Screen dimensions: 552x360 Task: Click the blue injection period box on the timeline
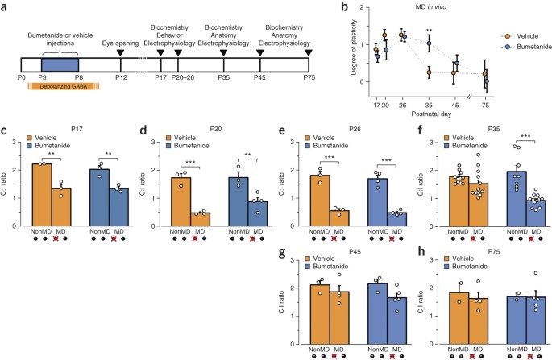click(60, 65)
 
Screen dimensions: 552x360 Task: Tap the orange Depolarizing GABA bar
click(64, 86)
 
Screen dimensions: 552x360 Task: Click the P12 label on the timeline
click(121, 77)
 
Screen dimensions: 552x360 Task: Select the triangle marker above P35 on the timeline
click(223, 53)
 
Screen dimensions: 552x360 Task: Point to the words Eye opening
click(120, 43)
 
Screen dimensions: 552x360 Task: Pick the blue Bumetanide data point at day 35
click(430, 43)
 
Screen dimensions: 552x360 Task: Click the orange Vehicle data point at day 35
click(430, 72)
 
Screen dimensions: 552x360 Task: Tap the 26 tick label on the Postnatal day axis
click(402, 106)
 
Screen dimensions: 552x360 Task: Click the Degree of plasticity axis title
click(354, 48)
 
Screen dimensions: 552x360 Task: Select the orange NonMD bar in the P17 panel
click(42, 195)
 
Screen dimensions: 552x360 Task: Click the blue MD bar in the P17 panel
click(119, 207)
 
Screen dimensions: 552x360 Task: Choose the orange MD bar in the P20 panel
click(201, 219)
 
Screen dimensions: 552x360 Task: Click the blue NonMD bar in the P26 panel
click(378, 202)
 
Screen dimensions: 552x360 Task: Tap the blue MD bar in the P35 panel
click(536, 213)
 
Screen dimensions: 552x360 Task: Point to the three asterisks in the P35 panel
click(525, 137)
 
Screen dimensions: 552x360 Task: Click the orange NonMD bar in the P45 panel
click(321, 314)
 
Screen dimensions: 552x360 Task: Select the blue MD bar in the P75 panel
click(536, 321)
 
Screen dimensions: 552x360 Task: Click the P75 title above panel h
click(494, 251)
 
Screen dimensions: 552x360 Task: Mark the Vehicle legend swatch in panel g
click(308, 259)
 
